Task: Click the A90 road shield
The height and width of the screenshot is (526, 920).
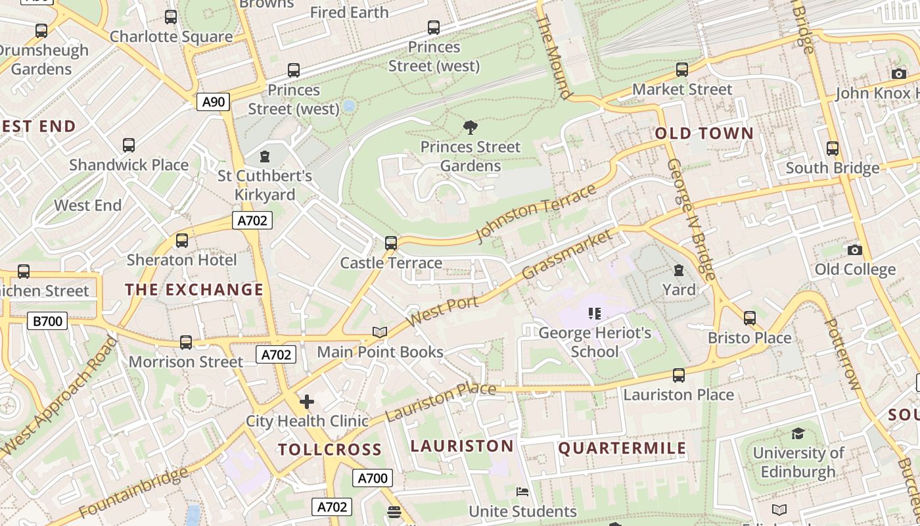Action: (213, 102)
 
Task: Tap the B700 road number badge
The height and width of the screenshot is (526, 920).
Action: (47, 321)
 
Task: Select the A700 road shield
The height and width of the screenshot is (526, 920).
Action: (373, 478)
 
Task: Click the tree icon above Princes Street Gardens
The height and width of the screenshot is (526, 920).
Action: (470, 128)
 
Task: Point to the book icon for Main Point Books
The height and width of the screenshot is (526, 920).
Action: (380, 333)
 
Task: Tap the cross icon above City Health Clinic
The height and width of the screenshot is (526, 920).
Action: (306, 401)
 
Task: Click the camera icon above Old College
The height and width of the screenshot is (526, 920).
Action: (854, 250)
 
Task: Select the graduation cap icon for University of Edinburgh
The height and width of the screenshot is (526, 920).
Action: (798, 434)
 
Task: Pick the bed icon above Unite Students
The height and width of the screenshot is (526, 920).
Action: (522, 492)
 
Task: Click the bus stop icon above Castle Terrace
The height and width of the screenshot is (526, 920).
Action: (391, 243)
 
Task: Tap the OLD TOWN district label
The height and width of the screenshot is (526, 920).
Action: (704, 133)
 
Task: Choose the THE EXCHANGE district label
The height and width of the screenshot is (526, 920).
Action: (194, 289)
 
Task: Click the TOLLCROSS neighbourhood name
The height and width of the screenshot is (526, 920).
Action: (329, 450)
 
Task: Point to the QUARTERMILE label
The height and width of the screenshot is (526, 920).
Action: (622, 448)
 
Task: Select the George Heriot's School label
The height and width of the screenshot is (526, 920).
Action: (595, 342)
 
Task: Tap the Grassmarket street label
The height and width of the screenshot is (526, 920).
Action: (570, 253)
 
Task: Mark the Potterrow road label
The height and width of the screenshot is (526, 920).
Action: (842, 354)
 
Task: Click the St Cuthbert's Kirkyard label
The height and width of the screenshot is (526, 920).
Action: (265, 185)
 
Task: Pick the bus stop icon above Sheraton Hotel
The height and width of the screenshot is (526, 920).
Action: (182, 241)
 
